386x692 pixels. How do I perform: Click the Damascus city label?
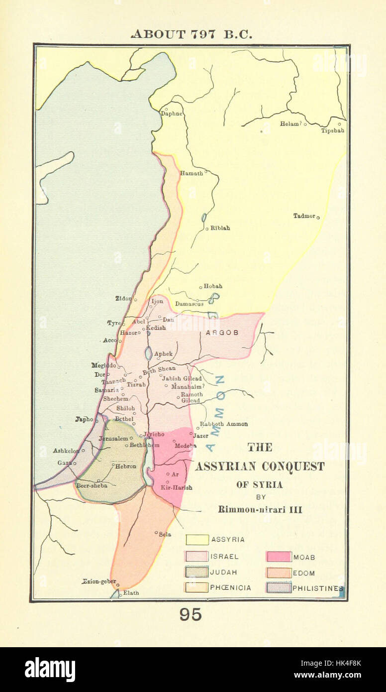(189, 304)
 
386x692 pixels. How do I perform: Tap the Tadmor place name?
(304, 216)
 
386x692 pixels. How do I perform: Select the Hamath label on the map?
(191, 173)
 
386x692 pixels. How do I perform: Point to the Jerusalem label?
(114, 438)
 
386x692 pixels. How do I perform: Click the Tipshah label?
(332, 130)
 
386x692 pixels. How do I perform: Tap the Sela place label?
(165, 534)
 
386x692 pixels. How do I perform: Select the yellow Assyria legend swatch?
(197, 540)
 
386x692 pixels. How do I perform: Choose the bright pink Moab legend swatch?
(278, 557)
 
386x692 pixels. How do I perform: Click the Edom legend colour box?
(278, 573)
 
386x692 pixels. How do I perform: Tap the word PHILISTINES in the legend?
(317, 588)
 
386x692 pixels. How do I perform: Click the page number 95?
(191, 615)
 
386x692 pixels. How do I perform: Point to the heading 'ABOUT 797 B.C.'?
(192, 34)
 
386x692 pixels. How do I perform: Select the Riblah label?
(220, 228)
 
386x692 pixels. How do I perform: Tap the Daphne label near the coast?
(171, 114)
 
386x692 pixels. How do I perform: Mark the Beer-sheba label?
(91, 485)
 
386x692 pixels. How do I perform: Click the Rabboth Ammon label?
(223, 424)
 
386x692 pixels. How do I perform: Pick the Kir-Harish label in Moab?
(176, 487)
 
